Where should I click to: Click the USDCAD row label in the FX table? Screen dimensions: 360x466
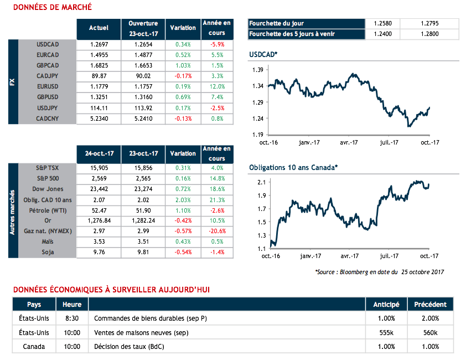tap(47, 44)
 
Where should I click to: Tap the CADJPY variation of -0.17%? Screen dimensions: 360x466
tap(183, 76)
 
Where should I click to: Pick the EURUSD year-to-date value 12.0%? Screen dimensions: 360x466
tap(217, 86)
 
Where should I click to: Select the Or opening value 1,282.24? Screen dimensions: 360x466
tap(143, 220)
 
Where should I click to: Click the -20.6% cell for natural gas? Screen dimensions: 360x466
tap(217, 230)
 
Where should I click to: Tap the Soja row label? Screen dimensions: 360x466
tap(47, 251)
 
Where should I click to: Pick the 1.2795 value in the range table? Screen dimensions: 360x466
tap(429, 23)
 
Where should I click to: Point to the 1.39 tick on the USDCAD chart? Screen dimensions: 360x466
tap(257, 70)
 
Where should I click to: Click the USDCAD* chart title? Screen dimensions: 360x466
tap(263, 55)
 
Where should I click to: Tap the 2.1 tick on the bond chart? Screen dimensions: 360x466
tap(261, 182)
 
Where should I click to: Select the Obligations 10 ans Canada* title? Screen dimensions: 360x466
tap(293, 167)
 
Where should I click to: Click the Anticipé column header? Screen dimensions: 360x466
tap(386, 304)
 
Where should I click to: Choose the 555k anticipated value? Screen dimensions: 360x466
tap(386, 332)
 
